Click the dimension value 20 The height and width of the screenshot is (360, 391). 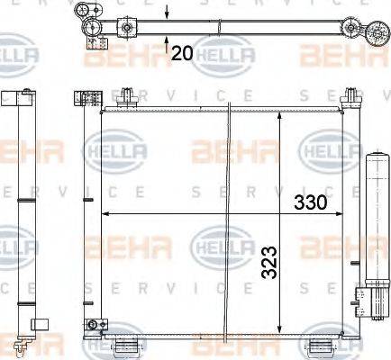(181, 53)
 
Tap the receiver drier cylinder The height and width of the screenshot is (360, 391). (375, 225)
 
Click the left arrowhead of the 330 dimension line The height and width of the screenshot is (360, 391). (105, 214)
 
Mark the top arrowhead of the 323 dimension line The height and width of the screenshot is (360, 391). (280, 115)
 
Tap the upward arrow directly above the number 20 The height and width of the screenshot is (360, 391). (168, 38)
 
